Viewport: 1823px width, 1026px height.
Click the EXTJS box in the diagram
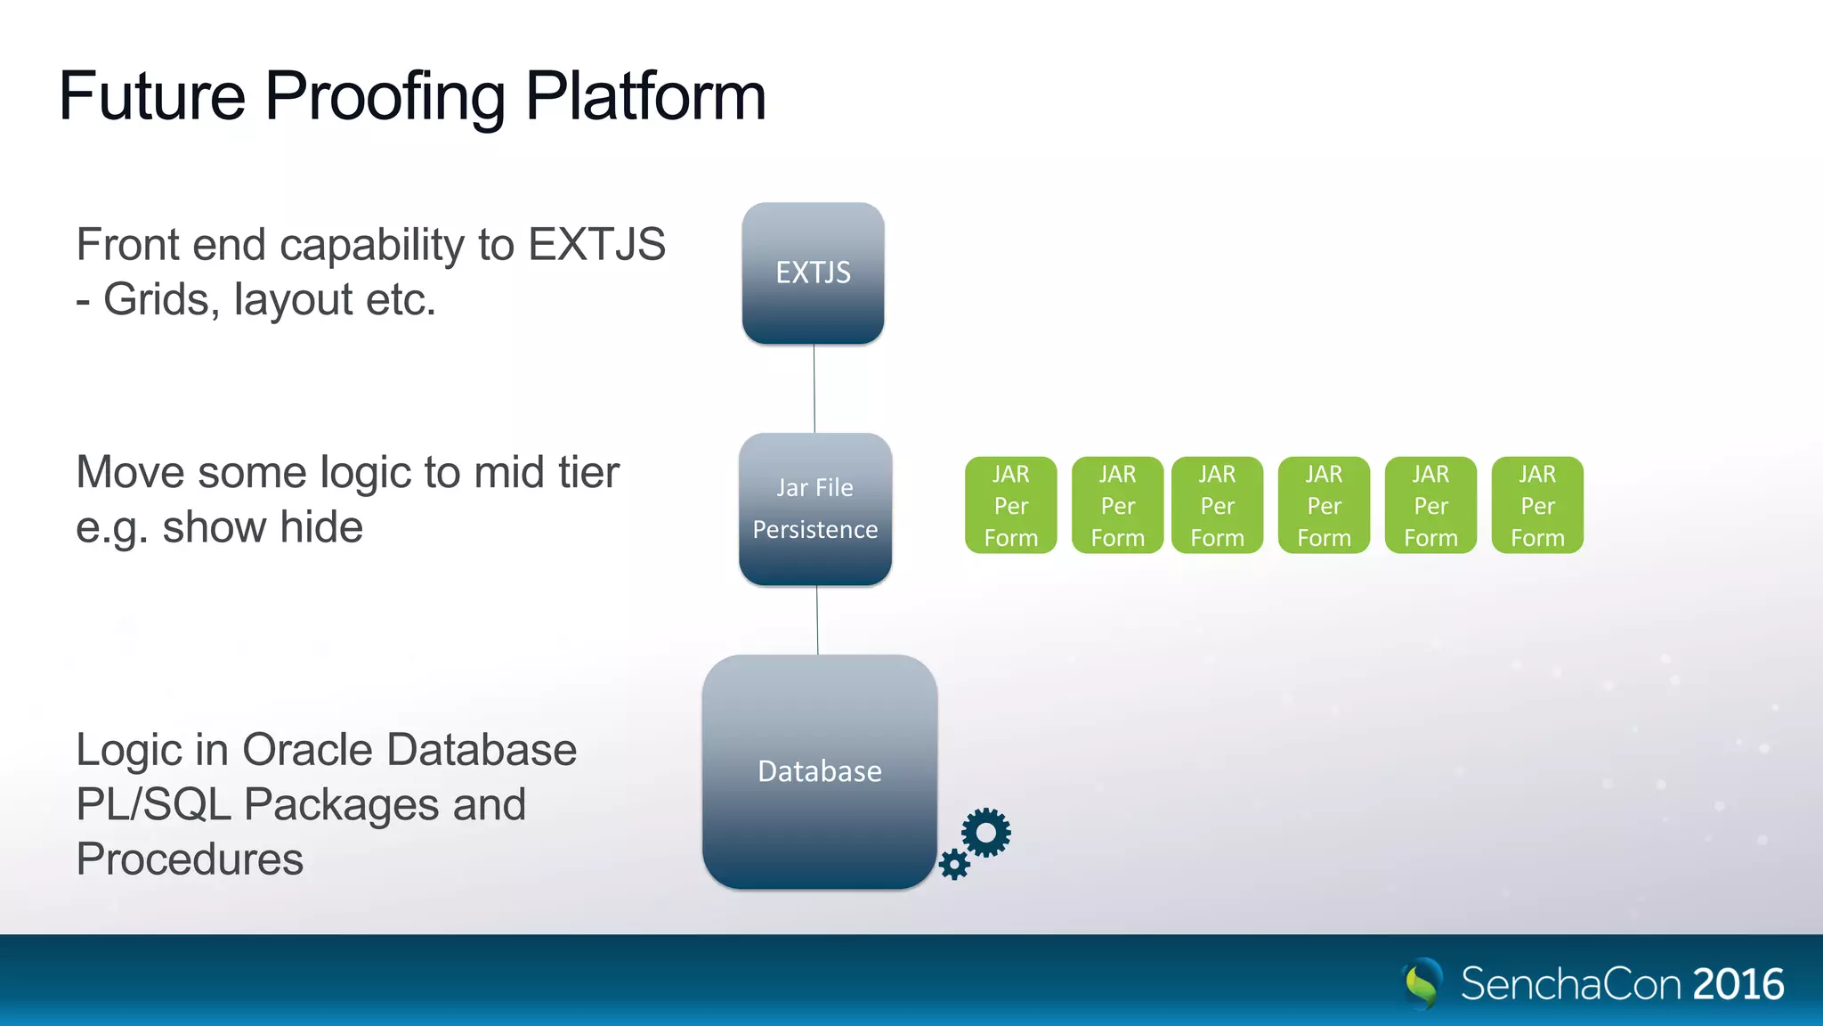(813, 273)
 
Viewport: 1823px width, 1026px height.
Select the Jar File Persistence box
(815, 509)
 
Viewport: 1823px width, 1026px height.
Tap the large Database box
(819, 771)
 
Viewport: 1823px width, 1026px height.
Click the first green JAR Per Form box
(1010, 505)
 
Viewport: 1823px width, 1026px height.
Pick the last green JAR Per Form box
(1537, 505)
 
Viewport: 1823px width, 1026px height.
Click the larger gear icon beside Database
(986, 833)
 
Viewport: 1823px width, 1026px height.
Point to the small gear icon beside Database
(954, 864)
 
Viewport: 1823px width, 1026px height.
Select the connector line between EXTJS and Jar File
(814, 388)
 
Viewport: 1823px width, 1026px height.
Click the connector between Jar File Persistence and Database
(817, 620)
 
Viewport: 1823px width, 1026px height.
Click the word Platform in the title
(645, 96)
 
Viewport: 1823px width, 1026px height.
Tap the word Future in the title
(152, 96)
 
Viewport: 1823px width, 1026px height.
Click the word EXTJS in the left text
(596, 245)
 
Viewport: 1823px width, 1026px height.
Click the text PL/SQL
(153, 805)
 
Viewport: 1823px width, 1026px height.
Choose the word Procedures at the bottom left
(190, 859)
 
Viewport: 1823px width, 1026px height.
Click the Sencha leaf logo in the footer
(1422, 983)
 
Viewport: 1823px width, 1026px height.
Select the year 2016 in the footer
(1738, 984)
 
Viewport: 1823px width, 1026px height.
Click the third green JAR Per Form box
(1217, 505)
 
